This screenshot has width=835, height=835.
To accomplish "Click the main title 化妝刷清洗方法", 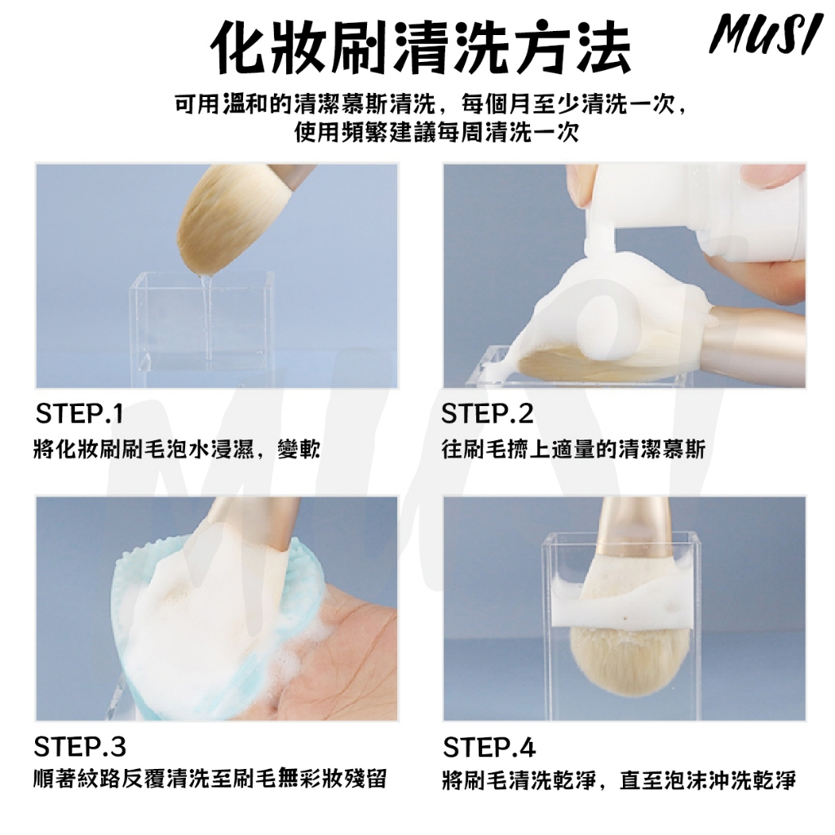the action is tap(420, 46).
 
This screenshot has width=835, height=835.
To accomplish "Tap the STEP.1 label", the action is tap(79, 413).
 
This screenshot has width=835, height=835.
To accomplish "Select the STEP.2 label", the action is tap(488, 413).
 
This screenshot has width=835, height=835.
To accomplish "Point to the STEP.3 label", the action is tap(80, 747).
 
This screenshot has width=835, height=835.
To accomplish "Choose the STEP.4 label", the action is tap(489, 747).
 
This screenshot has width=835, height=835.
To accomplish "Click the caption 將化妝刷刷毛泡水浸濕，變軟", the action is tap(177, 449).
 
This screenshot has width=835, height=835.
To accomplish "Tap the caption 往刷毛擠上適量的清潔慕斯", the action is tap(573, 449).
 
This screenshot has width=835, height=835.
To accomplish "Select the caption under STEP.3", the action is tap(210, 779).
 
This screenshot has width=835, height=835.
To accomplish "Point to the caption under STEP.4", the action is tap(619, 780).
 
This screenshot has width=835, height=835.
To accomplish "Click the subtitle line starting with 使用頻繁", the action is tap(436, 132).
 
